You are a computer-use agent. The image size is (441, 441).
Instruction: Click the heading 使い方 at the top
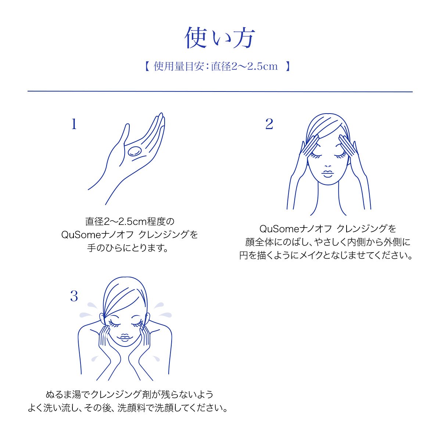pyautogui.click(x=220, y=38)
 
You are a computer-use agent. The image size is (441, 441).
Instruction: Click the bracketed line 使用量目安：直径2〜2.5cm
pyautogui.click(x=218, y=67)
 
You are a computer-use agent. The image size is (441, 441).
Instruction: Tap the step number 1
pyautogui.click(x=74, y=124)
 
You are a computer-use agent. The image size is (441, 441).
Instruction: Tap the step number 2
pyautogui.click(x=269, y=124)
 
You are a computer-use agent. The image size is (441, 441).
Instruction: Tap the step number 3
pyautogui.click(x=74, y=296)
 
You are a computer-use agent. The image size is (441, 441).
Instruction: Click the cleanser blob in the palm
pyautogui.click(x=135, y=151)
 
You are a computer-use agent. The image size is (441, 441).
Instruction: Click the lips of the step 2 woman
pyautogui.click(x=328, y=174)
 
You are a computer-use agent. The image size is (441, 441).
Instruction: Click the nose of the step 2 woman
pyautogui.click(x=328, y=166)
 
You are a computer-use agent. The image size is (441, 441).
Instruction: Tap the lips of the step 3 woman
pyautogui.click(x=125, y=337)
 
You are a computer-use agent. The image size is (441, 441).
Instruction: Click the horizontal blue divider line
pyautogui.click(x=220, y=92)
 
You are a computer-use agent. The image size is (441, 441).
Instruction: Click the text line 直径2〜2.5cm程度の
pyautogui.click(x=130, y=222)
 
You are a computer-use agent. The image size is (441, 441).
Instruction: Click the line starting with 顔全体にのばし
pyautogui.click(x=328, y=242)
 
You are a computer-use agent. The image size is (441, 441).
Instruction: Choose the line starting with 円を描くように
pyautogui.click(x=326, y=256)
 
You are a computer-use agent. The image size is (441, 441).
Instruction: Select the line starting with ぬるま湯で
pyautogui.click(x=129, y=395)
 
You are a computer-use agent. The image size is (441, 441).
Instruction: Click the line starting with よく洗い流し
pyautogui.click(x=128, y=408)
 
